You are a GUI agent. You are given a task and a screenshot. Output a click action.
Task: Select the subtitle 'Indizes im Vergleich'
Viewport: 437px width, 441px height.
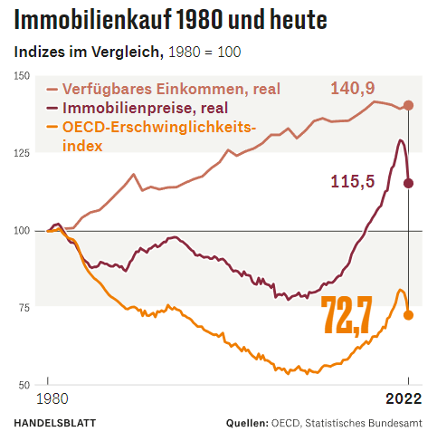pos(87,52)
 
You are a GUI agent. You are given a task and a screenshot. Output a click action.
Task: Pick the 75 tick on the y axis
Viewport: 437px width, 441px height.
pos(24,308)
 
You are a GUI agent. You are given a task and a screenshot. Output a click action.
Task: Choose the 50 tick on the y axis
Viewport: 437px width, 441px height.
pos(24,385)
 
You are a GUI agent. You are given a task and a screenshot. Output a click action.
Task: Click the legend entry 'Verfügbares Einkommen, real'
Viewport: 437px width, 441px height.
pos(168,89)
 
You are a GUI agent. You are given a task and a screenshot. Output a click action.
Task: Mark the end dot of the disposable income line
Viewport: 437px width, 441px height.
pos(408,106)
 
